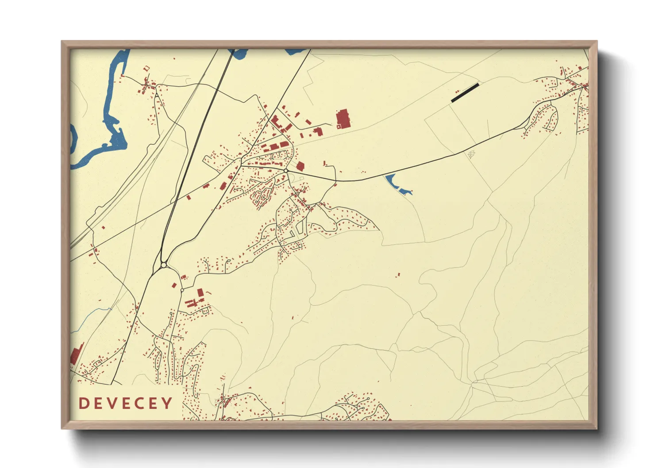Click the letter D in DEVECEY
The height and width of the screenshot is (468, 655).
[83, 403]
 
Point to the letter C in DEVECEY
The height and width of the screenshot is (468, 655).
[140, 403]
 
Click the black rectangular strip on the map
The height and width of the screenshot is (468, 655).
[465, 92]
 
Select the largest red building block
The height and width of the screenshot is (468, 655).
[343, 119]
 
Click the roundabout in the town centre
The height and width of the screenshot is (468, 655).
[286, 171]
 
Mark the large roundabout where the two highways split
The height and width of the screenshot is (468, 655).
[164, 265]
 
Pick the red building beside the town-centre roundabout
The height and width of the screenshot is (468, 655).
[301, 166]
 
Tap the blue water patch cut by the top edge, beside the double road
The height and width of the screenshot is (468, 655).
[239, 54]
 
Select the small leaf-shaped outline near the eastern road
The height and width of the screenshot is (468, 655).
[471, 154]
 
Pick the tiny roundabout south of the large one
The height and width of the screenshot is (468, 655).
[182, 290]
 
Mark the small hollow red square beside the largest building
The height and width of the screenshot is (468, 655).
[339, 127]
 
